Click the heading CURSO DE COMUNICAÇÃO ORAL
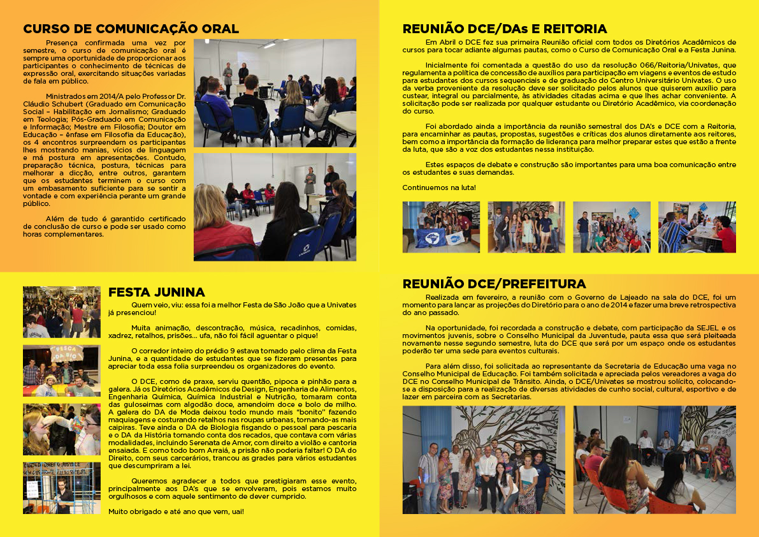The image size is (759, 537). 131,29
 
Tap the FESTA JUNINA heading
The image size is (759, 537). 156,292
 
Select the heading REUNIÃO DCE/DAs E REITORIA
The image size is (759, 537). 504,29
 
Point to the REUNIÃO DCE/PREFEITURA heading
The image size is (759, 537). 494,284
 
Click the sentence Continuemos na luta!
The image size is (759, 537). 438,188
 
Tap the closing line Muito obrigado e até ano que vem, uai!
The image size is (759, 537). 175,511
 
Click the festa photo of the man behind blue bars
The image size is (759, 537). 62,488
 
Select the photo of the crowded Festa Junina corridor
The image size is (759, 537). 62,312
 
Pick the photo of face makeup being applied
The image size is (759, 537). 62,429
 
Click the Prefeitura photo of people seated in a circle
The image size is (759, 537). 654,459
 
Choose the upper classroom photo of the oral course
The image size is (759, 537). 275,93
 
